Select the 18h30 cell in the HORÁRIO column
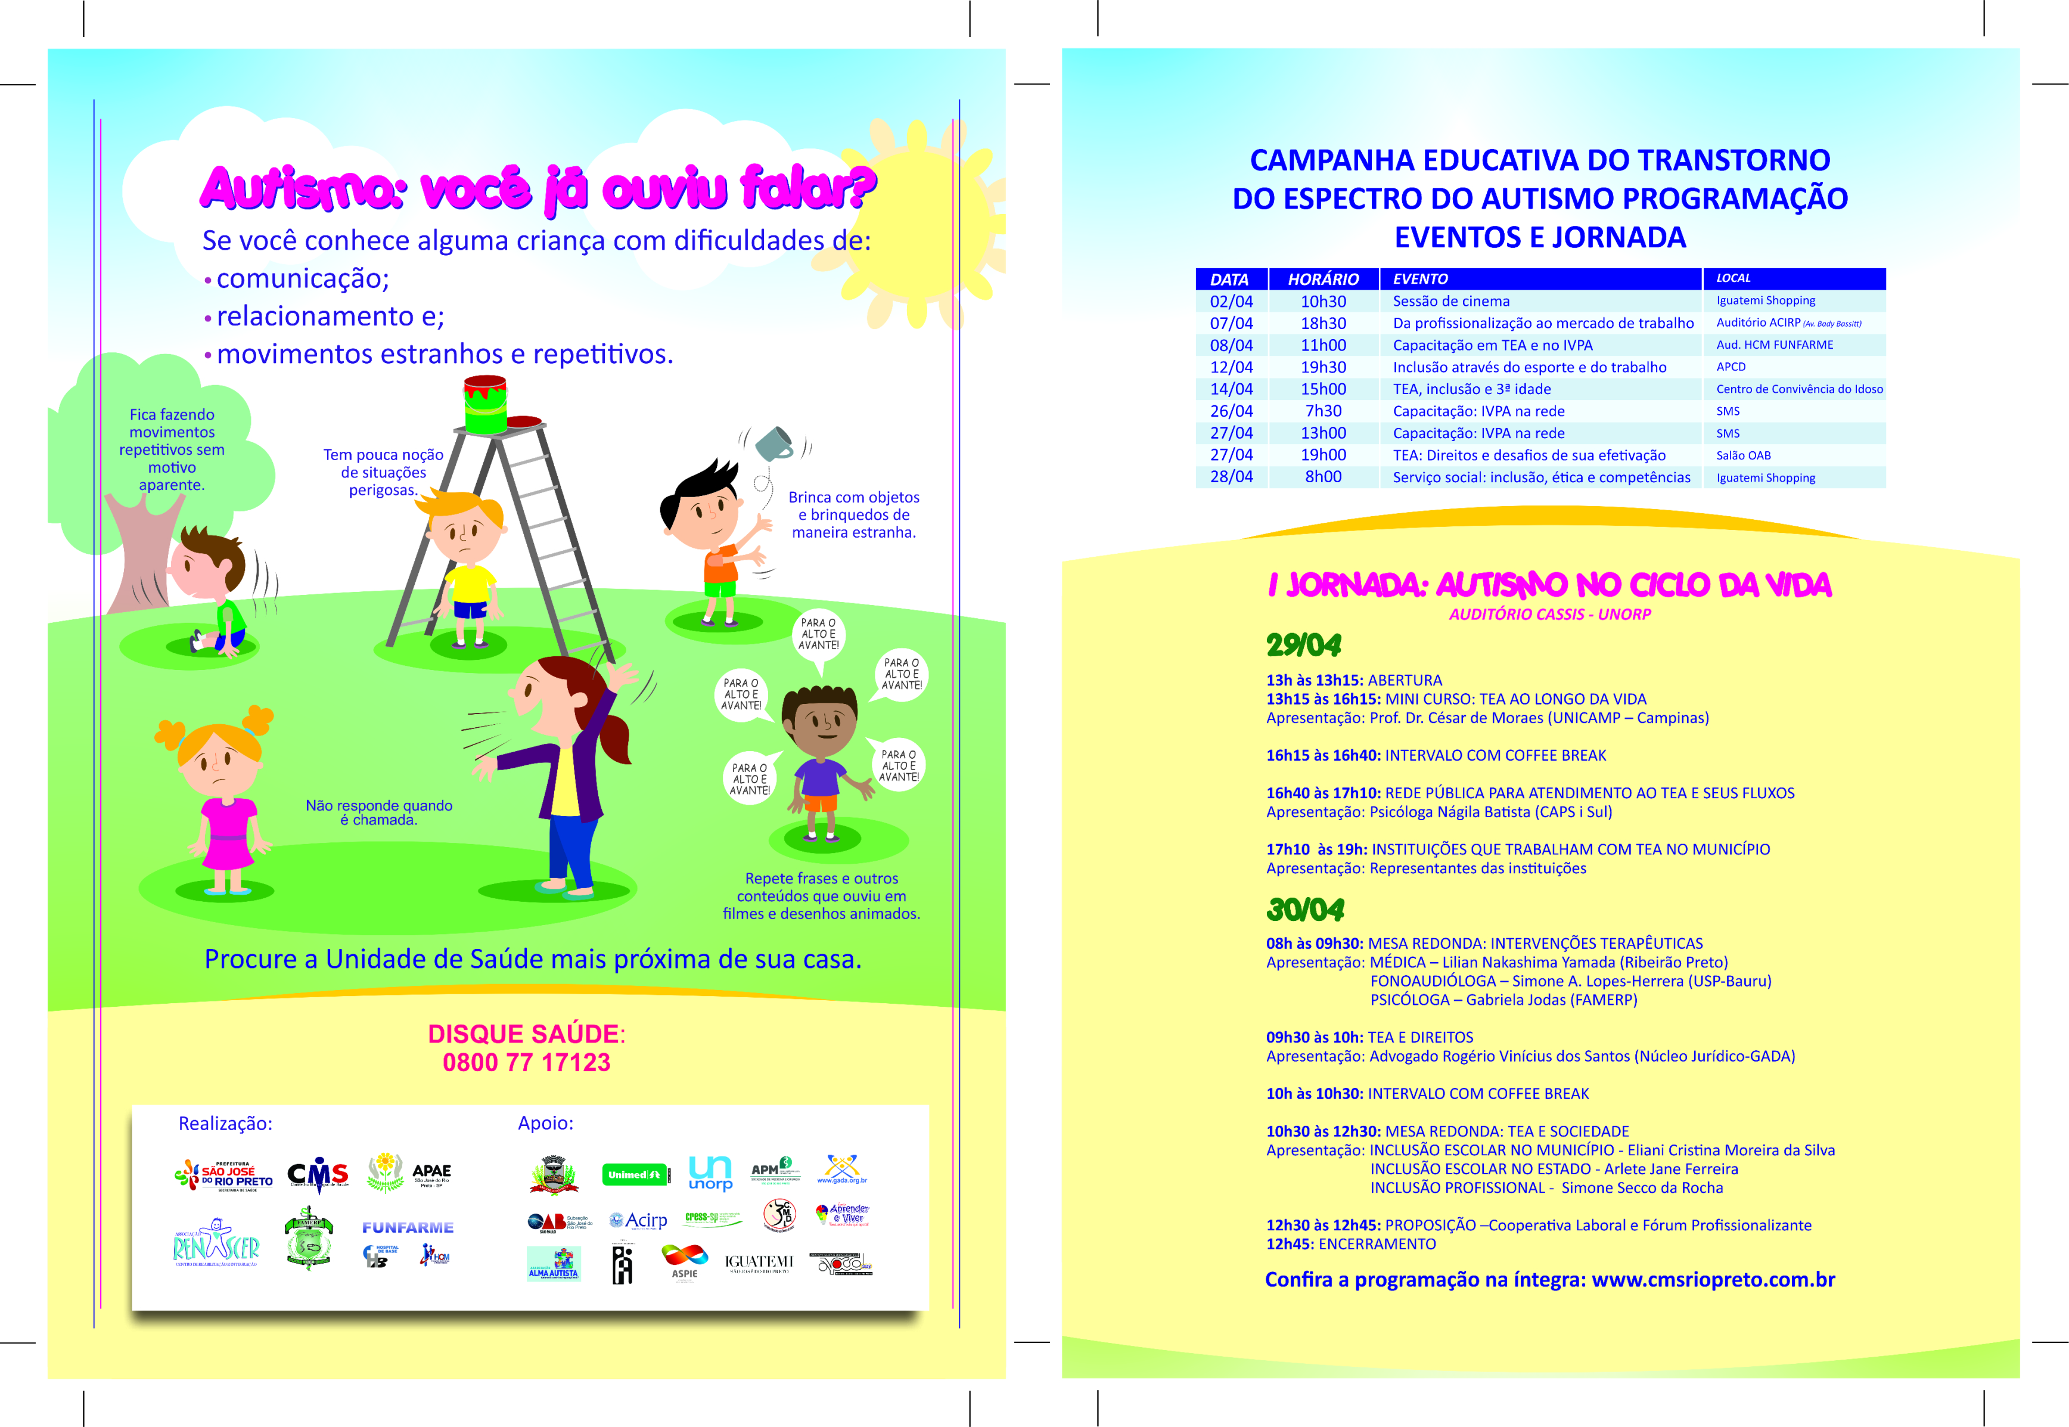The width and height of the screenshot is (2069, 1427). (1323, 324)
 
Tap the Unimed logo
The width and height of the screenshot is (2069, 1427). (635, 1174)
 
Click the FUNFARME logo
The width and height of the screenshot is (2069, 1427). (408, 1228)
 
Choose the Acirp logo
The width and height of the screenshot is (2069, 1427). (638, 1221)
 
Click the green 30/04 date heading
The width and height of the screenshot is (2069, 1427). (1305, 910)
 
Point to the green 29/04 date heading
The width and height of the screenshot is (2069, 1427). (1303, 645)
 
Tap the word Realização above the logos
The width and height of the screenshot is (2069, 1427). (225, 1124)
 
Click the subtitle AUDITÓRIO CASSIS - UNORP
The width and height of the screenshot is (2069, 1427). (1549, 614)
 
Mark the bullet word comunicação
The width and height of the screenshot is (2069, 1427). (302, 279)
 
